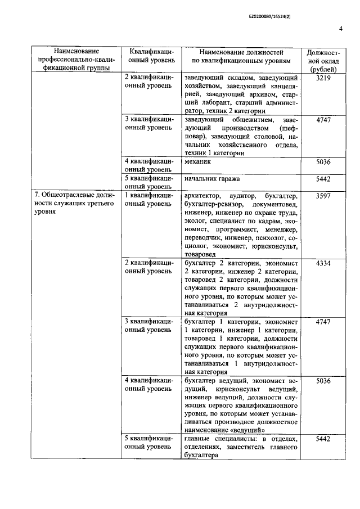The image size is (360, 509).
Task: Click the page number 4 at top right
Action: (x=341, y=29)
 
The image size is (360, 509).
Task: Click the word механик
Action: (x=197, y=161)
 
